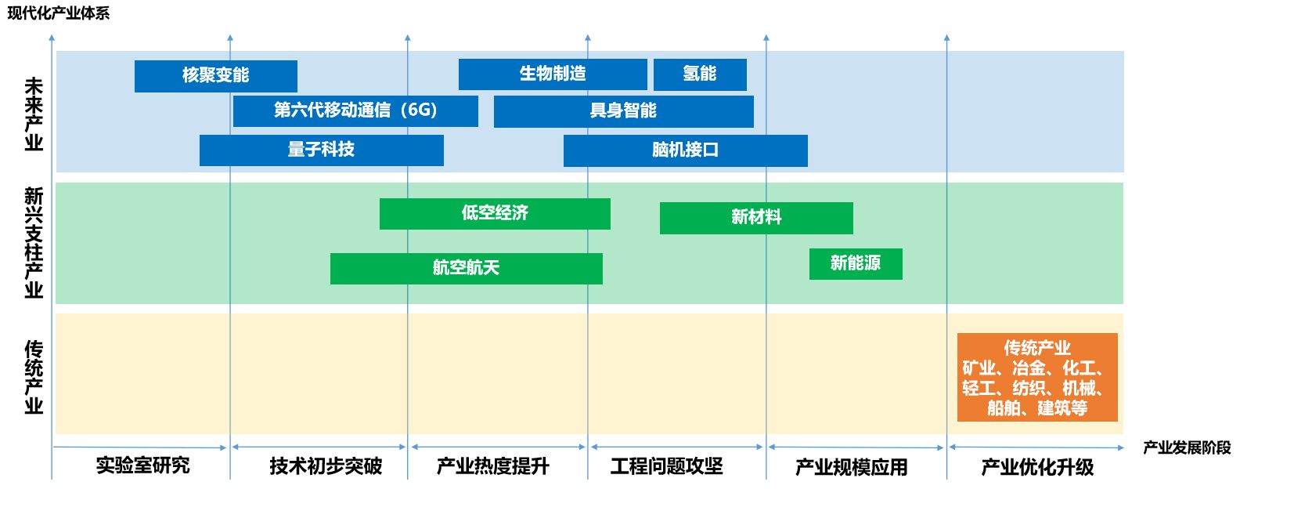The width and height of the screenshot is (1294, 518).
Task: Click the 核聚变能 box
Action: pyautogui.click(x=215, y=76)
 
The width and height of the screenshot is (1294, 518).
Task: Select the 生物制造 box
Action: pyautogui.click(x=553, y=74)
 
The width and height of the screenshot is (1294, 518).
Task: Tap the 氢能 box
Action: pyautogui.click(x=700, y=74)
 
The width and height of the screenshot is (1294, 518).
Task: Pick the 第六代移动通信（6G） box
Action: pyautogui.click(x=355, y=110)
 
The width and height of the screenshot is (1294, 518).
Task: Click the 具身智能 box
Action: pyautogui.click(x=623, y=111)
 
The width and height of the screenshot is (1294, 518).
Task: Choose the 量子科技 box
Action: pyautogui.click(x=321, y=150)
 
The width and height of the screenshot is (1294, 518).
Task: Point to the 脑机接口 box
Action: pyautogui.click(x=685, y=150)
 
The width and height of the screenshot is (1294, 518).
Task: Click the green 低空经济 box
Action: pyautogui.click(x=495, y=213)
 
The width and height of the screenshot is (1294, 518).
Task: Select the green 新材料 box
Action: pyautogui.click(x=756, y=218)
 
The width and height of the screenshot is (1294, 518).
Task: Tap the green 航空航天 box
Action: pyautogui.click(x=466, y=268)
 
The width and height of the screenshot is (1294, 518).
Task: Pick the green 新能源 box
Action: pyautogui.click(x=856, y=263)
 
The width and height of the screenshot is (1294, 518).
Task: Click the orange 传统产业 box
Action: pyautogui.click(x=1037, y=377)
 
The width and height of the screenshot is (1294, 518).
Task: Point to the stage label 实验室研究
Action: pyautogui.click(x=142, y=465)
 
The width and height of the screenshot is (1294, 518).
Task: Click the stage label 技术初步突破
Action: pyautogui.click(x=326, y=466)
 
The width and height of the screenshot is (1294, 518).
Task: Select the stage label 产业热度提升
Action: pyautogui.click(x=493, y=466)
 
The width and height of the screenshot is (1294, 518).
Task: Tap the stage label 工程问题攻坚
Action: pyautogui.click(x=667, y=466)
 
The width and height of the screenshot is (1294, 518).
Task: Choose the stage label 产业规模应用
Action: pyautogui.click(x=852, y=467)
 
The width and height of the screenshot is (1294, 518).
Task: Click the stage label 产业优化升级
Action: pyautogui.click(x=1037, y=467)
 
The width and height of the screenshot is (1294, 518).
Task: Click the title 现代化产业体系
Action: pyautogui.click(x=58, y=13)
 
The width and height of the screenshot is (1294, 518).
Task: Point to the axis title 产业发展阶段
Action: pyautogui.click(x=1187, y=447)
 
